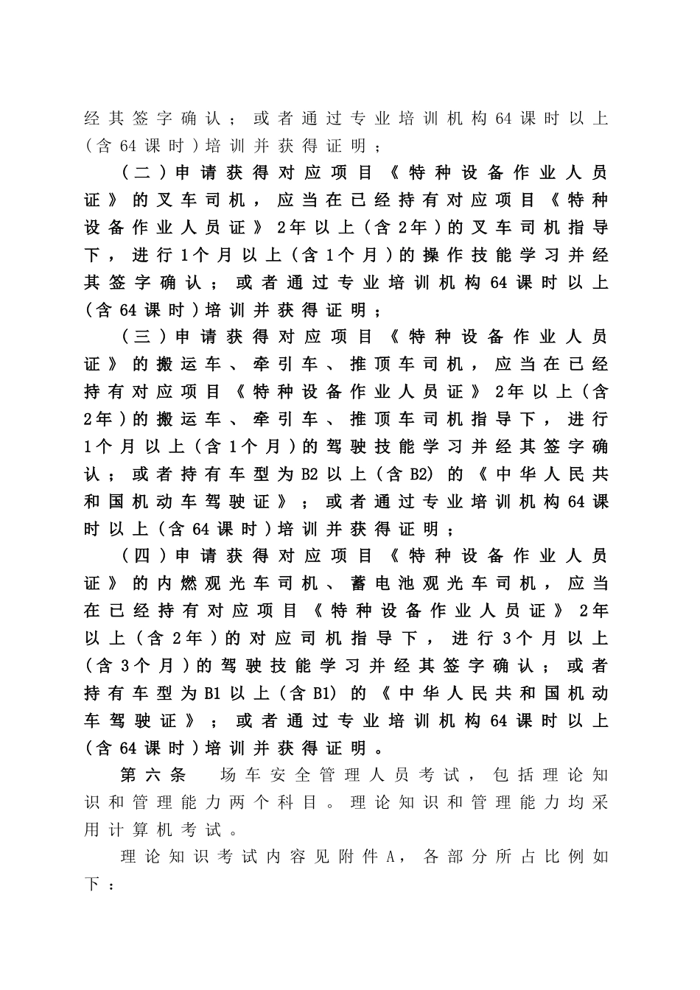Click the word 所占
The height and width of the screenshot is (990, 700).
tap(516, 857)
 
